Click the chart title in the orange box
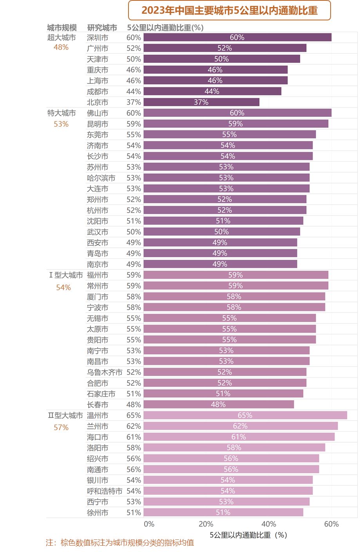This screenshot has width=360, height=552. [x=229, y=11]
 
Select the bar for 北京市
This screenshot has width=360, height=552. [x=201, y=102]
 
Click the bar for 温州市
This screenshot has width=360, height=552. [x=245, y=416]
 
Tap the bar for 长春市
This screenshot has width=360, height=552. [x=218, y=405]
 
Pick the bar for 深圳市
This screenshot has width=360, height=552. [x=237, y=38]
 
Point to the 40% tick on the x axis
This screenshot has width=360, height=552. [x=269, y=524]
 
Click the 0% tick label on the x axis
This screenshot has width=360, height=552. [x=149, y=524]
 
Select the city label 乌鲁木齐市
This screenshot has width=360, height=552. [x=105, y=372]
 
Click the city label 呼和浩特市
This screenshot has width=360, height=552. [x=105, y=491]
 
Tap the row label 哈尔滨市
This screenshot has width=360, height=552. [x=101, y=178]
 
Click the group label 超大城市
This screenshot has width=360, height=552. [x=62, y=38]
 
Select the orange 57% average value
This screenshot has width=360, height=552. [x=61, y=428]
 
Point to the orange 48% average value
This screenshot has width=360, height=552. [x=61, y=47]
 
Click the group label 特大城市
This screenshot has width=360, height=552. [x=62, y=113]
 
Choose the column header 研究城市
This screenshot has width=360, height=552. [x=102, y=27]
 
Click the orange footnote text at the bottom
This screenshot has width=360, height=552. [x=119, y=543]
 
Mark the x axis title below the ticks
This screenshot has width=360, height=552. [x=248, y=535]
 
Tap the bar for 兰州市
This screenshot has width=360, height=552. [x=240, y=426]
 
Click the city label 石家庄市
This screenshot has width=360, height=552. [x=101, y=394]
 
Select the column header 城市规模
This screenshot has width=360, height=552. [x=62, y=27]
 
